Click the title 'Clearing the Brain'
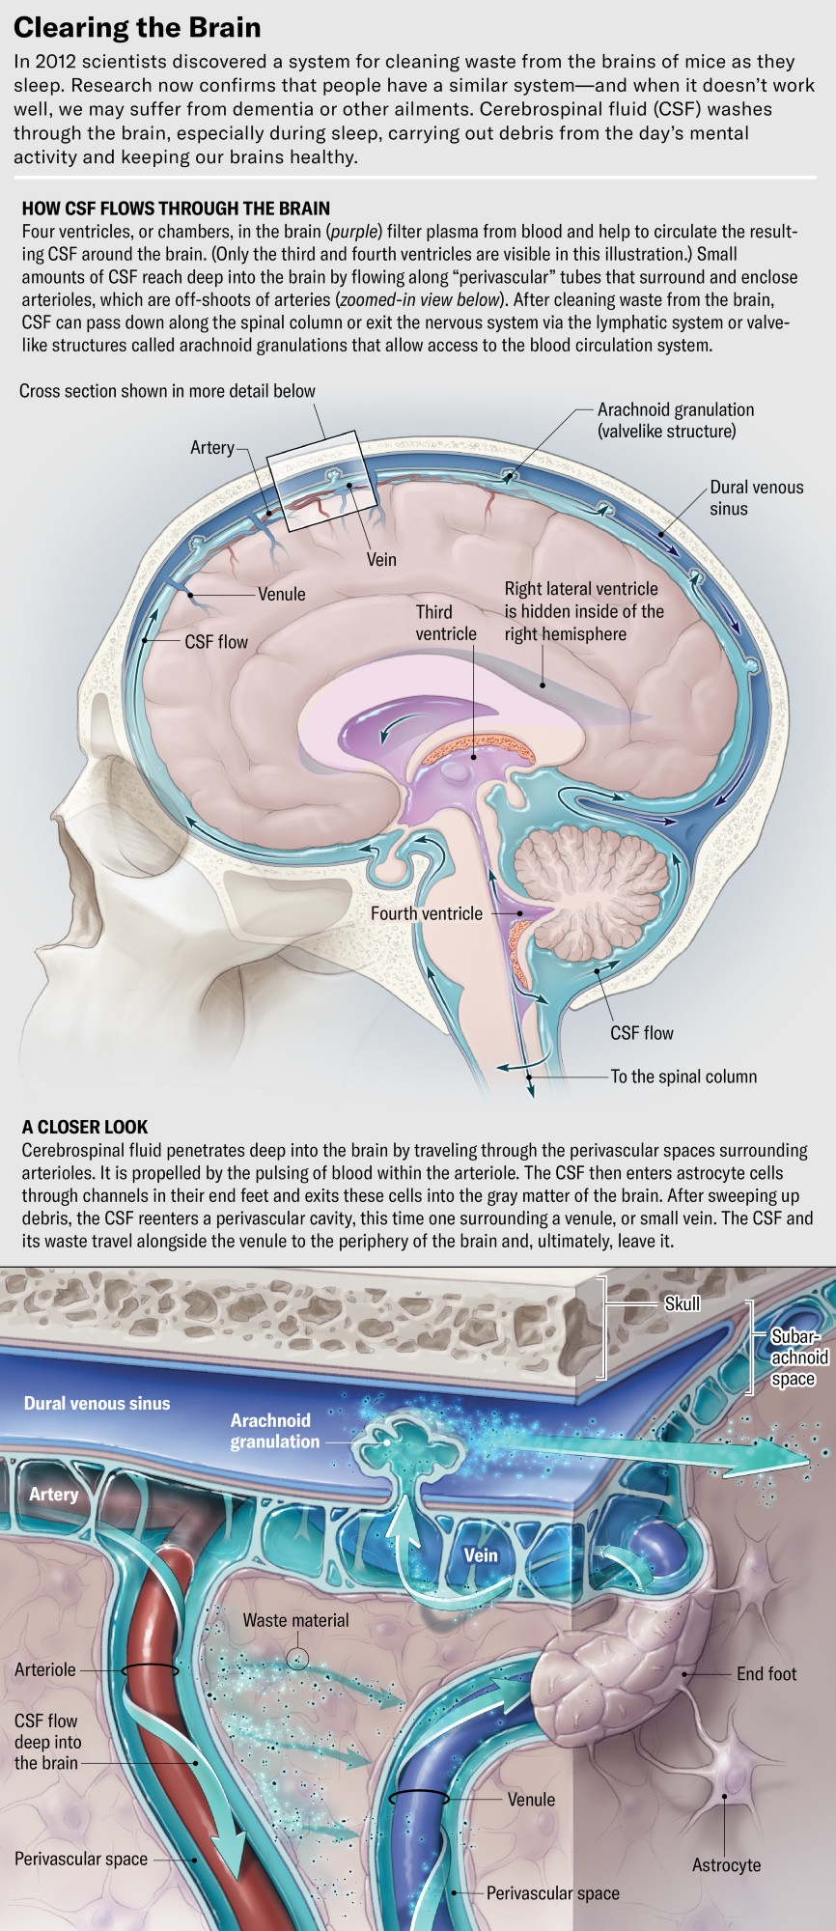point(137,28)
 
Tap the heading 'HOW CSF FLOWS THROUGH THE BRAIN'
point(176,209)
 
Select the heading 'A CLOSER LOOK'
point(85,1127)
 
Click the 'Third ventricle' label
point(446,623)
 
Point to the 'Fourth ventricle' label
point(427,913)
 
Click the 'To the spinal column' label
point(683,1077)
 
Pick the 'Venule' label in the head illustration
point(281,595)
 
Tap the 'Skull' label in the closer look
point(682,1304)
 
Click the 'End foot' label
point(766,1674)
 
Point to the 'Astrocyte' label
point(726,1865)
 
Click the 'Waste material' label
point(295,1621)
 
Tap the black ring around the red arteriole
point(149,1669)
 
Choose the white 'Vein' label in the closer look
point(481,1555)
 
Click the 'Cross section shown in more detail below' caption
point(167,391)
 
